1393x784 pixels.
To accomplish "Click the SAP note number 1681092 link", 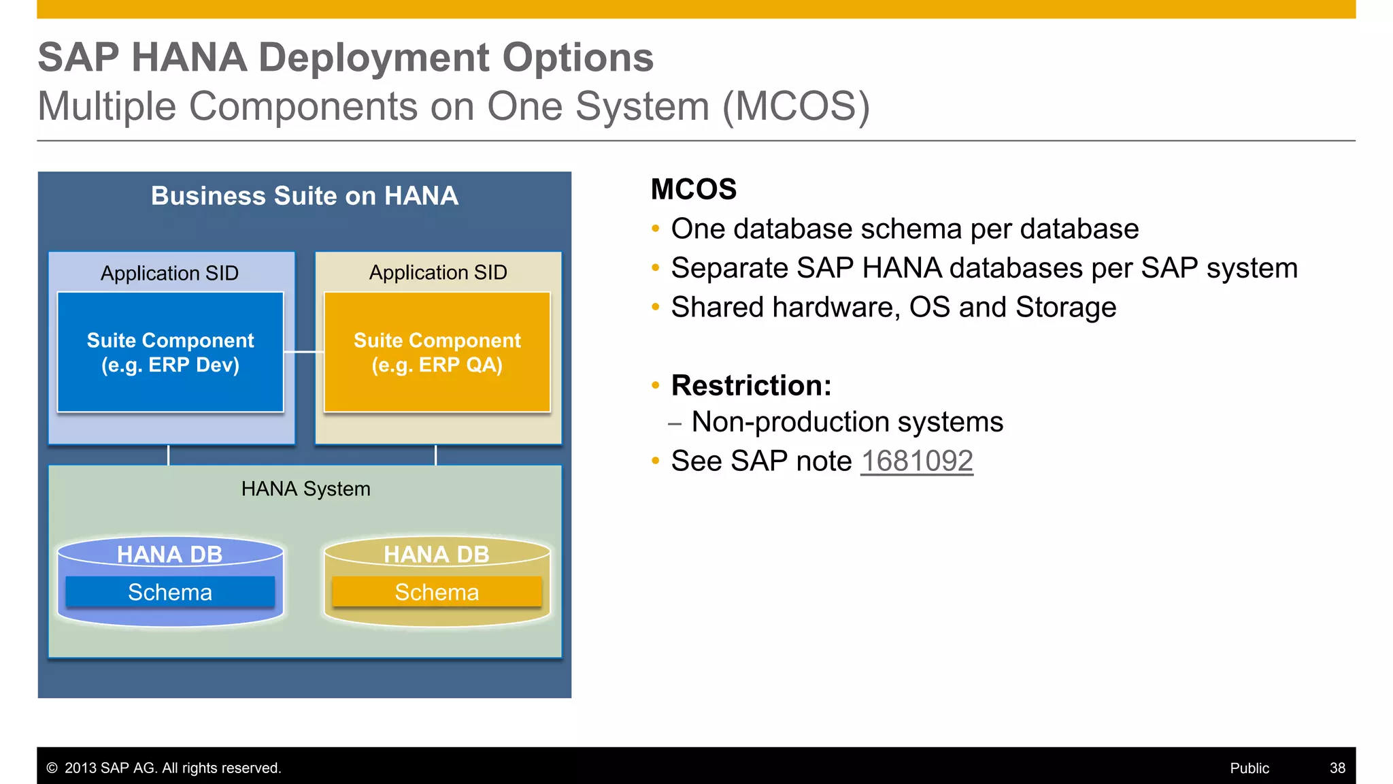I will (916, 461).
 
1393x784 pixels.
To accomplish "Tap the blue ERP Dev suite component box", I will (170, 353).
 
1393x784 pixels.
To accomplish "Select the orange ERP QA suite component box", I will (437, 353).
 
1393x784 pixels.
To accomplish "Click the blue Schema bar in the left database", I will (170, 592).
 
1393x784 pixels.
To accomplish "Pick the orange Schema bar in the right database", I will (437, 592).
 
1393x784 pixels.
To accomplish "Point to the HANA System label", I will (305, 489).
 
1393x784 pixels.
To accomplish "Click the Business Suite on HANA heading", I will (304, 196).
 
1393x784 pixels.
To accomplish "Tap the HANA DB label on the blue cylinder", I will (169, 554).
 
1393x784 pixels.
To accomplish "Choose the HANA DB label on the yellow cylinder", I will (436, 554).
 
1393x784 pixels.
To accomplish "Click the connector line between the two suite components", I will (303, 352).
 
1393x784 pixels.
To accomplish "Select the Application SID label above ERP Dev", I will (169, 273).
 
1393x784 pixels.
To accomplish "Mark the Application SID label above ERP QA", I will (438, 272).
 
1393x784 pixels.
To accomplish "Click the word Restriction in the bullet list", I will (751, 386).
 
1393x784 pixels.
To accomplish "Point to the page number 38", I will (1337, 768).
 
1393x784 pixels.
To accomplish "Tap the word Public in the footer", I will (1249, 768).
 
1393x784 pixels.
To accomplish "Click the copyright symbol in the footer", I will (52, 768).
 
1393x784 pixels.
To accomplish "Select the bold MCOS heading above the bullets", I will (693, 189).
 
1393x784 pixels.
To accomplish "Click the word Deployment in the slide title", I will (373, 57).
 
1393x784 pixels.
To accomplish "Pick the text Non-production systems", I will (847, 422).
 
